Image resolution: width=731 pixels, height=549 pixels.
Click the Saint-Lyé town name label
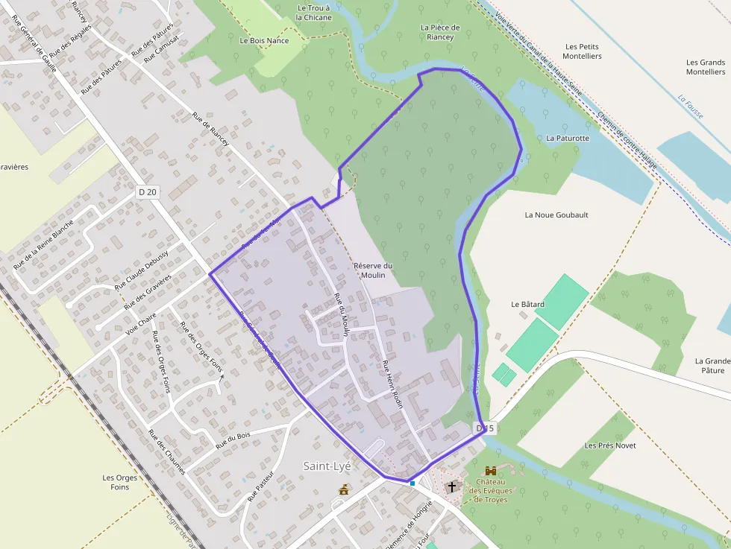tap(327, 466)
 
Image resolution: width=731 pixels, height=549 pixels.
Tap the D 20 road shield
tap(148, 192)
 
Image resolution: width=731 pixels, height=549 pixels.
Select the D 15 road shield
tap(484, 428)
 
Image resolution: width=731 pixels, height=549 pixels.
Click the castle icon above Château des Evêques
tap(491, 471)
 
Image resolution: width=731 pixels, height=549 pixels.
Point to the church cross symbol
tap(451, 487)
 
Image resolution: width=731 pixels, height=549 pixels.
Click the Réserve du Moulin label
tap(373, 270)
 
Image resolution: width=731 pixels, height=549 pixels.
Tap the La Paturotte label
tap(568, 139)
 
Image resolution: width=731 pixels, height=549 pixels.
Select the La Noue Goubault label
tap(556, 215)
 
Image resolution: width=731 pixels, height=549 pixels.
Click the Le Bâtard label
tap(527, 305)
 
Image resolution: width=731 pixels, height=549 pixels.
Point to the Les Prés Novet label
tap(610, 445)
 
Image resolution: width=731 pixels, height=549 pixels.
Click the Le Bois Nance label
tap(264, 41)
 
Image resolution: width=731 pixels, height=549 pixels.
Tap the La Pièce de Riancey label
tap(440, 33)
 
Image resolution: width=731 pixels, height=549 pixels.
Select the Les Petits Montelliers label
tap(581, 51)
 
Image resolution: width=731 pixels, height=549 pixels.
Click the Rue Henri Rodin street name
tap(392, 384)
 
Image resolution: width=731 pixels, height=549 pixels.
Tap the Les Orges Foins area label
tap(116, 483)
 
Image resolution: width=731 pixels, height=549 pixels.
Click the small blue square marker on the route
tap(412, 483)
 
